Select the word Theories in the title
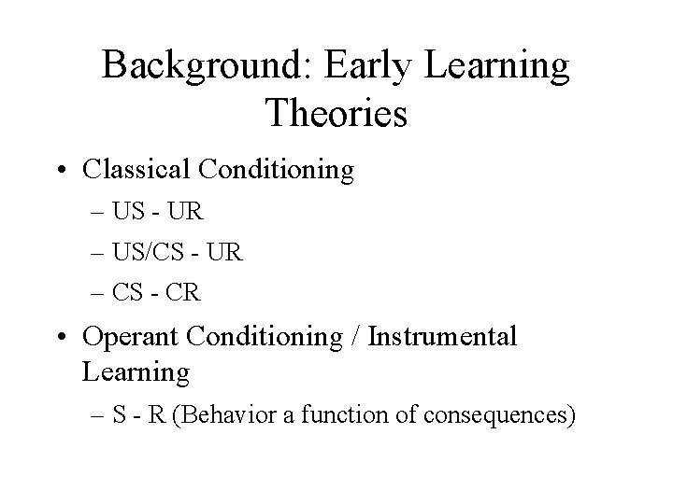pos(336,114)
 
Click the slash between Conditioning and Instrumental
pos(357,336)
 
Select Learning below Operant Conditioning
pos(136,372)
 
